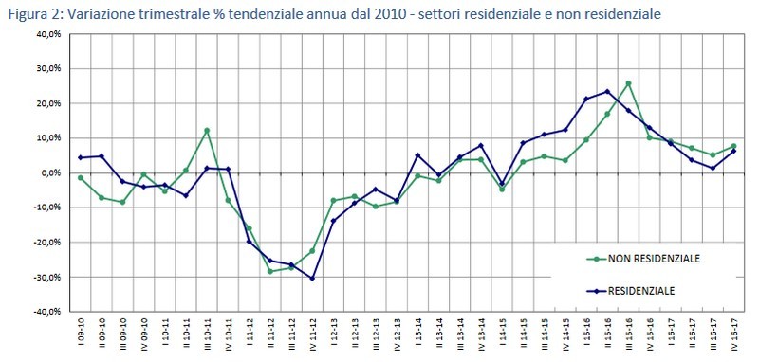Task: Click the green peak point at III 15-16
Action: point(629,83)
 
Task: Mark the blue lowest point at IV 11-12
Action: point(312,279)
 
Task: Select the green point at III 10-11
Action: point(207,131)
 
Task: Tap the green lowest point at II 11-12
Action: point(270,271)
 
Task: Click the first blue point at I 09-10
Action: point(81,157)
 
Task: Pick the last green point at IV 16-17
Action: point(734,146)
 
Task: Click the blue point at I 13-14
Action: point(417,155)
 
